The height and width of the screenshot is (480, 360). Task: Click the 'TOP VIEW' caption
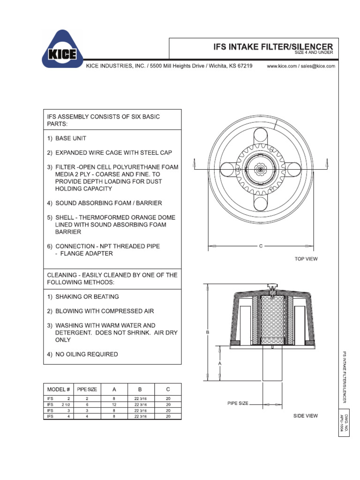(306, 259)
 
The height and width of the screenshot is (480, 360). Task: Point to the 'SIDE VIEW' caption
(306, 416)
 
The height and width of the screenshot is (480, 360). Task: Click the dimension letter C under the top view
(261, 246)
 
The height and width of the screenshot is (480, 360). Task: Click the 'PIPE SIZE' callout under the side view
(238, 403)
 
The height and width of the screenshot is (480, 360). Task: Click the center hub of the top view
(261, 168)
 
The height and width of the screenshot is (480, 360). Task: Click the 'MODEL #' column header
(59, 389)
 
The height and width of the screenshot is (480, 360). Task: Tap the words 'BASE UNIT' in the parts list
(71, 139)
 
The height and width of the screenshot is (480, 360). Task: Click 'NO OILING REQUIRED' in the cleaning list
(86, 354)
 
